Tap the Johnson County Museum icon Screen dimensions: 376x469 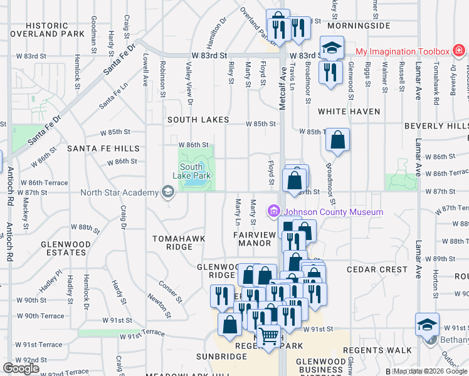point(273,212)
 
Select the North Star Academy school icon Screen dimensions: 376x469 point(167,192)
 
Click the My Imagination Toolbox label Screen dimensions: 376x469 point(403,51)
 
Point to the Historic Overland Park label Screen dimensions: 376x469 point(46,29)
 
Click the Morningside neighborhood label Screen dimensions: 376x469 point(359,26)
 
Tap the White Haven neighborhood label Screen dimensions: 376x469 point(349,112)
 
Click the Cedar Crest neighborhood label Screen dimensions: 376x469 point(377,269)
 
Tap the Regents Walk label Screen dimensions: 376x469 point(382,350)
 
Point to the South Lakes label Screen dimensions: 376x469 point(198,119)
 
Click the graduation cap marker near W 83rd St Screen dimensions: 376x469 point(332,48)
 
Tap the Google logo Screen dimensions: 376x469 point(21,368)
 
